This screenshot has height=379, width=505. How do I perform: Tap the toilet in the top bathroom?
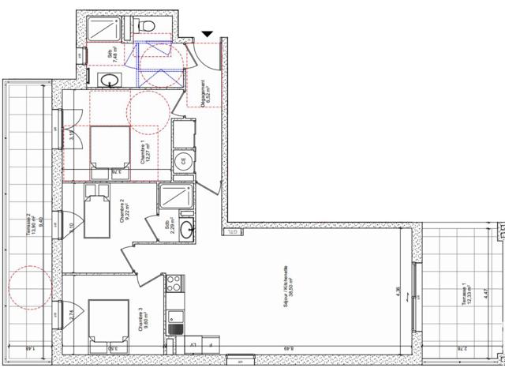146,28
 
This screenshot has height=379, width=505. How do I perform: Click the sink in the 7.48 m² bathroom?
110,80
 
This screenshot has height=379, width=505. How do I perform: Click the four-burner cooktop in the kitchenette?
174,283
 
